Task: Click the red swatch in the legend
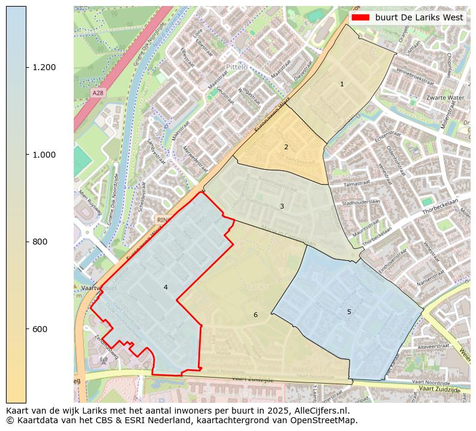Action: point(360,17)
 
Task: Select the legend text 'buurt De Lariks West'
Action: point(419,17)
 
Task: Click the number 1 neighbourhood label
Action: point(342,85)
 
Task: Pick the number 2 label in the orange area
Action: point(286,147)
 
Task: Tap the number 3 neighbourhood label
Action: point(282,207)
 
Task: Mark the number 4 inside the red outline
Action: point(165,287)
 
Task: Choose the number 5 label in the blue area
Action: point(349,312)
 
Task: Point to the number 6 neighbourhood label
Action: point(255,315)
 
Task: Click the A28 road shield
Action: point(98,93)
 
